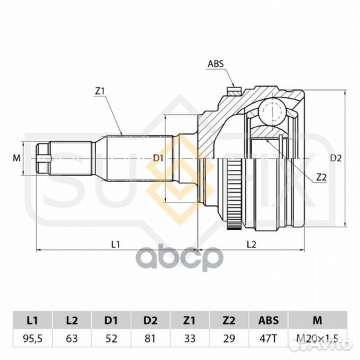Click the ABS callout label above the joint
[215, 63]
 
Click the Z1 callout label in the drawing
[100, 91]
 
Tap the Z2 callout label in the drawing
[321, 177]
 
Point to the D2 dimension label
[336, 158]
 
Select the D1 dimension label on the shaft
[158, 158]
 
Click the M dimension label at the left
[17, 158]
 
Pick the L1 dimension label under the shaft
[116, 245]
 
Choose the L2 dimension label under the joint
[251, 245]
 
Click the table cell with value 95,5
[33, 339]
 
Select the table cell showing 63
[72, 339]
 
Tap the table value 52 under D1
[111, 339]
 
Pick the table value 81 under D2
[150, 339]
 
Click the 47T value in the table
[268, 339]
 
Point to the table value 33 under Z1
[189, 339]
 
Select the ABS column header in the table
[268, 320]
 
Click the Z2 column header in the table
[229, 320]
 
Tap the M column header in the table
[317, 320]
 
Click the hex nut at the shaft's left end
[43, 159]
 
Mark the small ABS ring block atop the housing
[233, 91]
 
